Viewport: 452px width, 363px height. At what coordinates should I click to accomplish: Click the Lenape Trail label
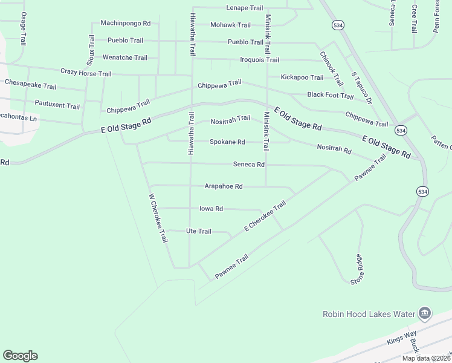[245, 8]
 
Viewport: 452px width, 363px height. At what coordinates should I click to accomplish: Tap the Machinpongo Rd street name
[125, 23]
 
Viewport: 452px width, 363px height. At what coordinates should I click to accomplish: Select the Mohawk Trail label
[230, 25]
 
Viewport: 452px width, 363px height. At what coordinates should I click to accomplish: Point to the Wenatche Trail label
[125, 57]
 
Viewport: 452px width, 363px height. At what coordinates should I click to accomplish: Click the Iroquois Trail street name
[259, 60]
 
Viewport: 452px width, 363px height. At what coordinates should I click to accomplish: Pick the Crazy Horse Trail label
[86, 73]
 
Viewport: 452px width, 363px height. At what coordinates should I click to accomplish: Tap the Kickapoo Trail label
[302, 77]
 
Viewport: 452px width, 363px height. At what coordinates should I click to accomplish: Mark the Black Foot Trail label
[330, 95]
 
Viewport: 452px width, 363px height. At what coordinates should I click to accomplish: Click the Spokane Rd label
[227, 142]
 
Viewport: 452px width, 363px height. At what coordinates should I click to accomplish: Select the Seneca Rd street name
[249, 165]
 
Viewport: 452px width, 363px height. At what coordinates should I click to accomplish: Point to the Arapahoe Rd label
[224, 186]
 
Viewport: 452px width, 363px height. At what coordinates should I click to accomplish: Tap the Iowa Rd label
[211, 209]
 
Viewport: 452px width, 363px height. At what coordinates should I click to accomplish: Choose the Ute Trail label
[198, 231]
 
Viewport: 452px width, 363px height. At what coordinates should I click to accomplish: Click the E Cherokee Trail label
[264, 217]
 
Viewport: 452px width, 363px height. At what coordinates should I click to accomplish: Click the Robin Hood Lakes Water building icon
[425, 313]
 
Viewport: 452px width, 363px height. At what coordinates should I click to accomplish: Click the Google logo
[21, 356]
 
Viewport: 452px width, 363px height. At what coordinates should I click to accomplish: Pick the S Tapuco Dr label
[361, 88]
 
